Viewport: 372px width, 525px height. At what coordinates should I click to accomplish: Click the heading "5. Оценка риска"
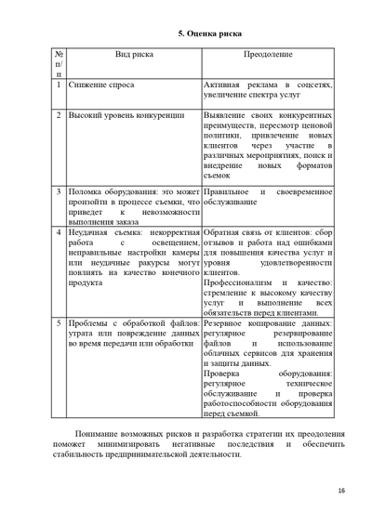pos(210,33)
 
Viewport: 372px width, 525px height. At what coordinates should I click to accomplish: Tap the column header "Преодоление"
pos(267,56)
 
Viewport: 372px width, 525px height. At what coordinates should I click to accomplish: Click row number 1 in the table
pos(59,85)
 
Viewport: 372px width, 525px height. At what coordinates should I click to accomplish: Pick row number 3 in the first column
pos(59,191)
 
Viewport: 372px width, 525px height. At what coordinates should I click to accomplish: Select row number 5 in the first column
pos(59,323)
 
